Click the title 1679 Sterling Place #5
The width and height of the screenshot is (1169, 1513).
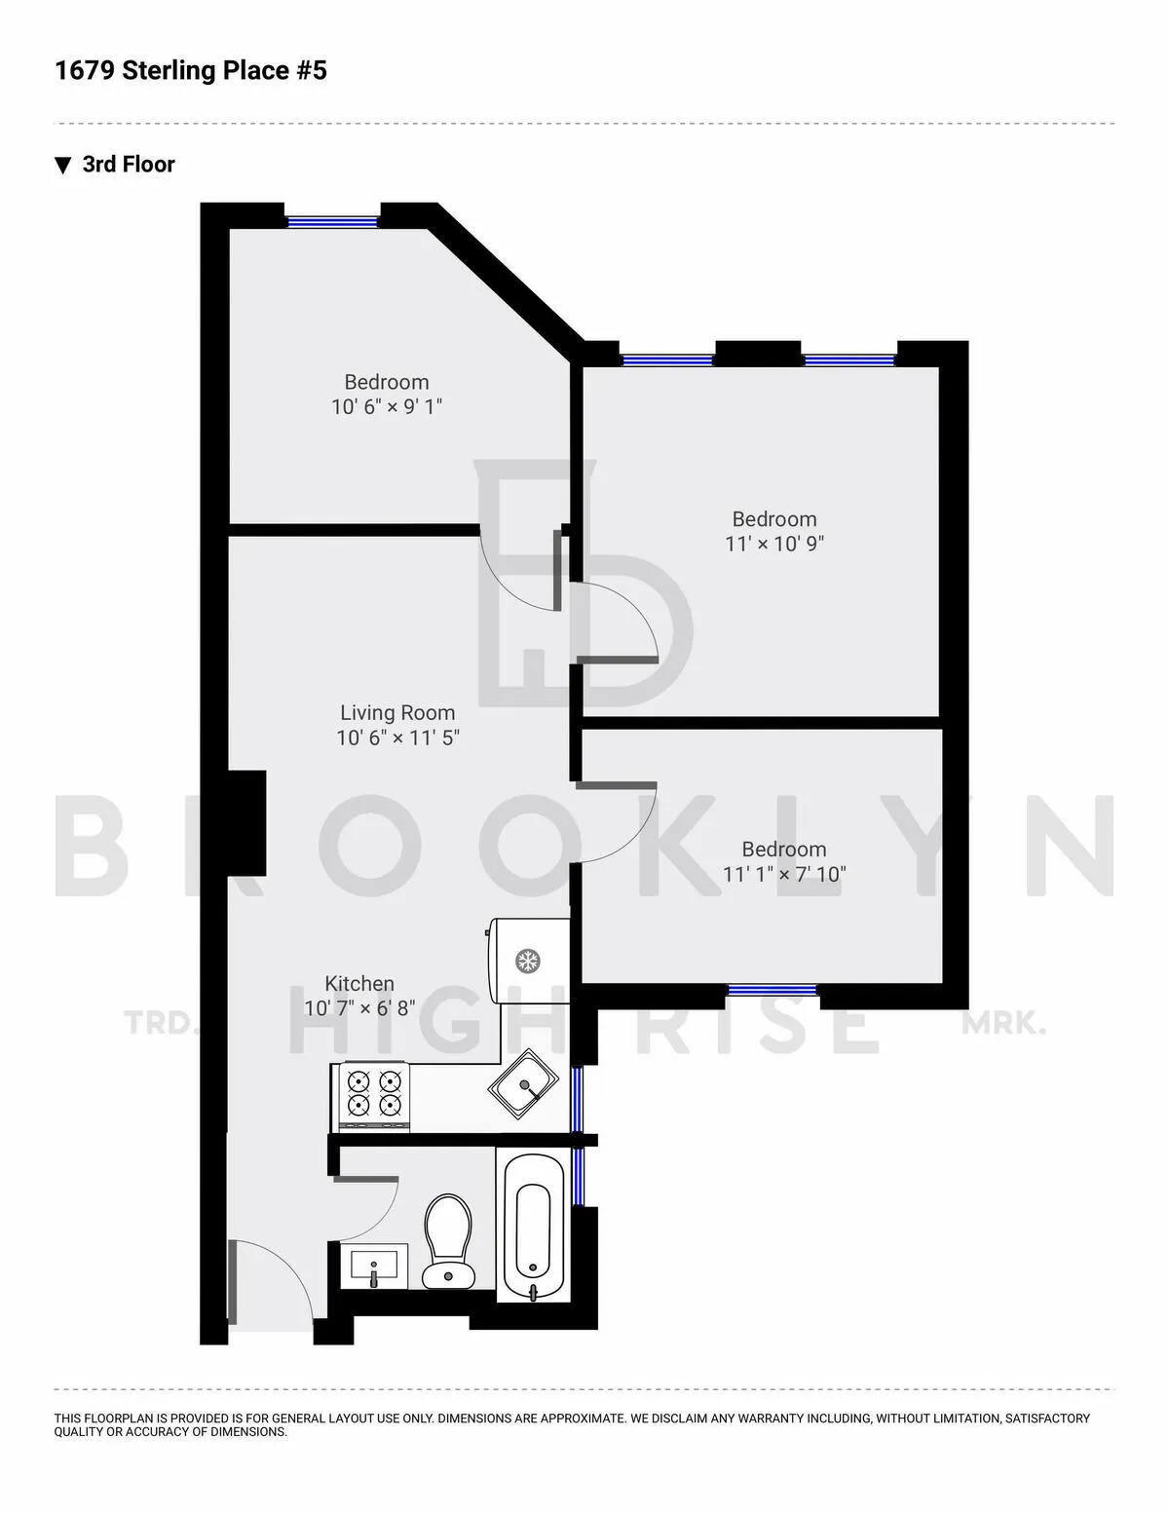pyautogui.click(x=191, y=70)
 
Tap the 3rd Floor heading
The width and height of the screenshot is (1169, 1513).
pyautogui.click(x=129, y=164)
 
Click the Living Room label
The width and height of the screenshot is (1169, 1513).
pyautogui.click(x=397, y=712)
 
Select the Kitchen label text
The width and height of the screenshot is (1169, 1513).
pyautogui.click(x=359, y=983)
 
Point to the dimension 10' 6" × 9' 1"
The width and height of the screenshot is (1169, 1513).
pyautogui.click(x=387, y=406)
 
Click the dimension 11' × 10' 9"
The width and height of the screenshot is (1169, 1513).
pyautogui.click(x=774, y=544)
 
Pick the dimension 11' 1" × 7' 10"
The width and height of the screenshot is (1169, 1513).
pyautogui.click(x=784, y=874)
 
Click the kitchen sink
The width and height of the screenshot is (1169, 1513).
pyautogui.click(x=524, y=1081)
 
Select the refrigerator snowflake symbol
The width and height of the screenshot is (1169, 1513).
pyautogui.click(x=528, y=962)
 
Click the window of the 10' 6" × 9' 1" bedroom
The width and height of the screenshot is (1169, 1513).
pyautogui.click(x=332, y=221)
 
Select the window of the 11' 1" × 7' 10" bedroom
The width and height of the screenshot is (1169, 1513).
pyautogui.click(x=773, y=990)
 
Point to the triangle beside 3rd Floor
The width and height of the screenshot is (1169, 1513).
pyautogui.click(x=63, y=165)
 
